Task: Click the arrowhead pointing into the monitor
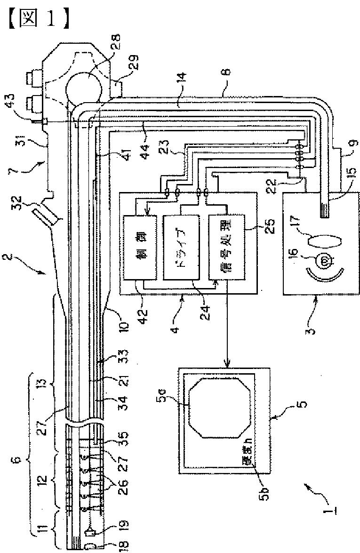[x=226, y=365]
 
